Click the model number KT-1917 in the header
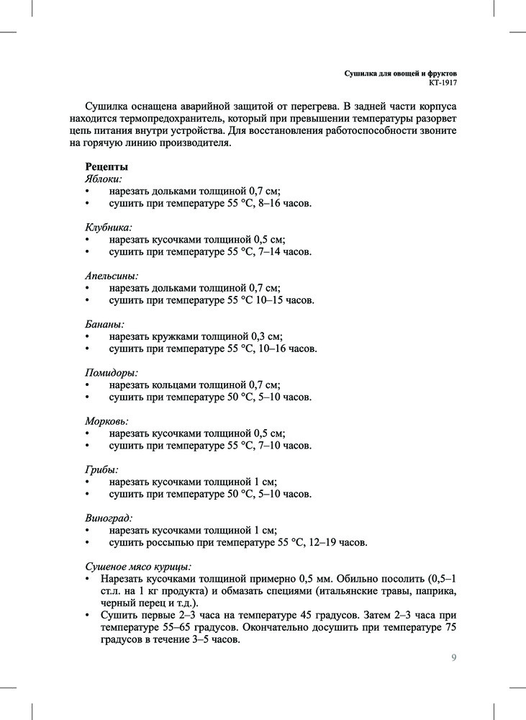point(443,83)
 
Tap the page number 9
point(453,657)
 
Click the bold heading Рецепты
point(107,166)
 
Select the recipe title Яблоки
point(104,179)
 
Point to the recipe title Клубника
point(109,227)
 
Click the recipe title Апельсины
point(112,275)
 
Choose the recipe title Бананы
point(105,324)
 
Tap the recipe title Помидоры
point(112,372)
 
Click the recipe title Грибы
point(101,469)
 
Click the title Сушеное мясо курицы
point(138,566)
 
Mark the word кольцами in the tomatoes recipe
point(178,384)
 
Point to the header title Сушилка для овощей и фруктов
point(401,73)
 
